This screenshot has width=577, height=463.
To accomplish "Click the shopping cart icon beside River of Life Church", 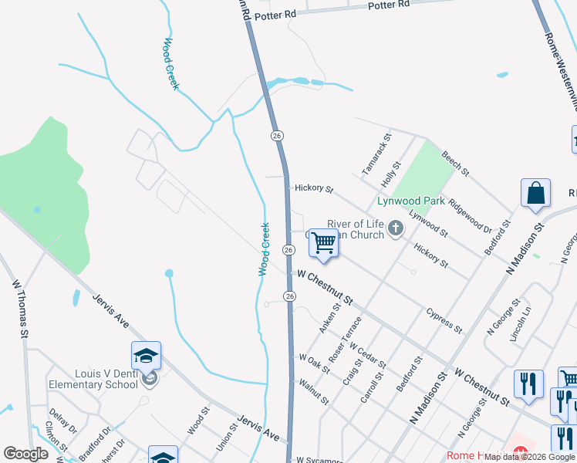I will pos(324,244).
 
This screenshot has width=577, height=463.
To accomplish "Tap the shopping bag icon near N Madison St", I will pos(535,193).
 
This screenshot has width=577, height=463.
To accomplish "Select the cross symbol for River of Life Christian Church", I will pos(396,228).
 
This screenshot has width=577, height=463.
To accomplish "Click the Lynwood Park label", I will pos(410,201).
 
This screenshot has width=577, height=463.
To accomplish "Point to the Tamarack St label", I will pos(377,154).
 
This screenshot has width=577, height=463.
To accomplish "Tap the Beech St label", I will pos(455,163).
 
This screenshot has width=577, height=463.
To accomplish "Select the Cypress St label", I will pos(444,320).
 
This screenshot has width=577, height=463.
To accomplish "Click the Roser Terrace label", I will pos(345,340).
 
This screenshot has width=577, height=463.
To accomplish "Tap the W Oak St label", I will pos(315,362).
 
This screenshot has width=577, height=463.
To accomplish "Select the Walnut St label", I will pos(314,390).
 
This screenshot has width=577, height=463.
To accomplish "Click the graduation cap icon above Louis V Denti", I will pos(146,357).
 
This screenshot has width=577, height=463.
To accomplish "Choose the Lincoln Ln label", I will pos(521,325).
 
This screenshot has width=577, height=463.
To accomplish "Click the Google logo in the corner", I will pos(25,455).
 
